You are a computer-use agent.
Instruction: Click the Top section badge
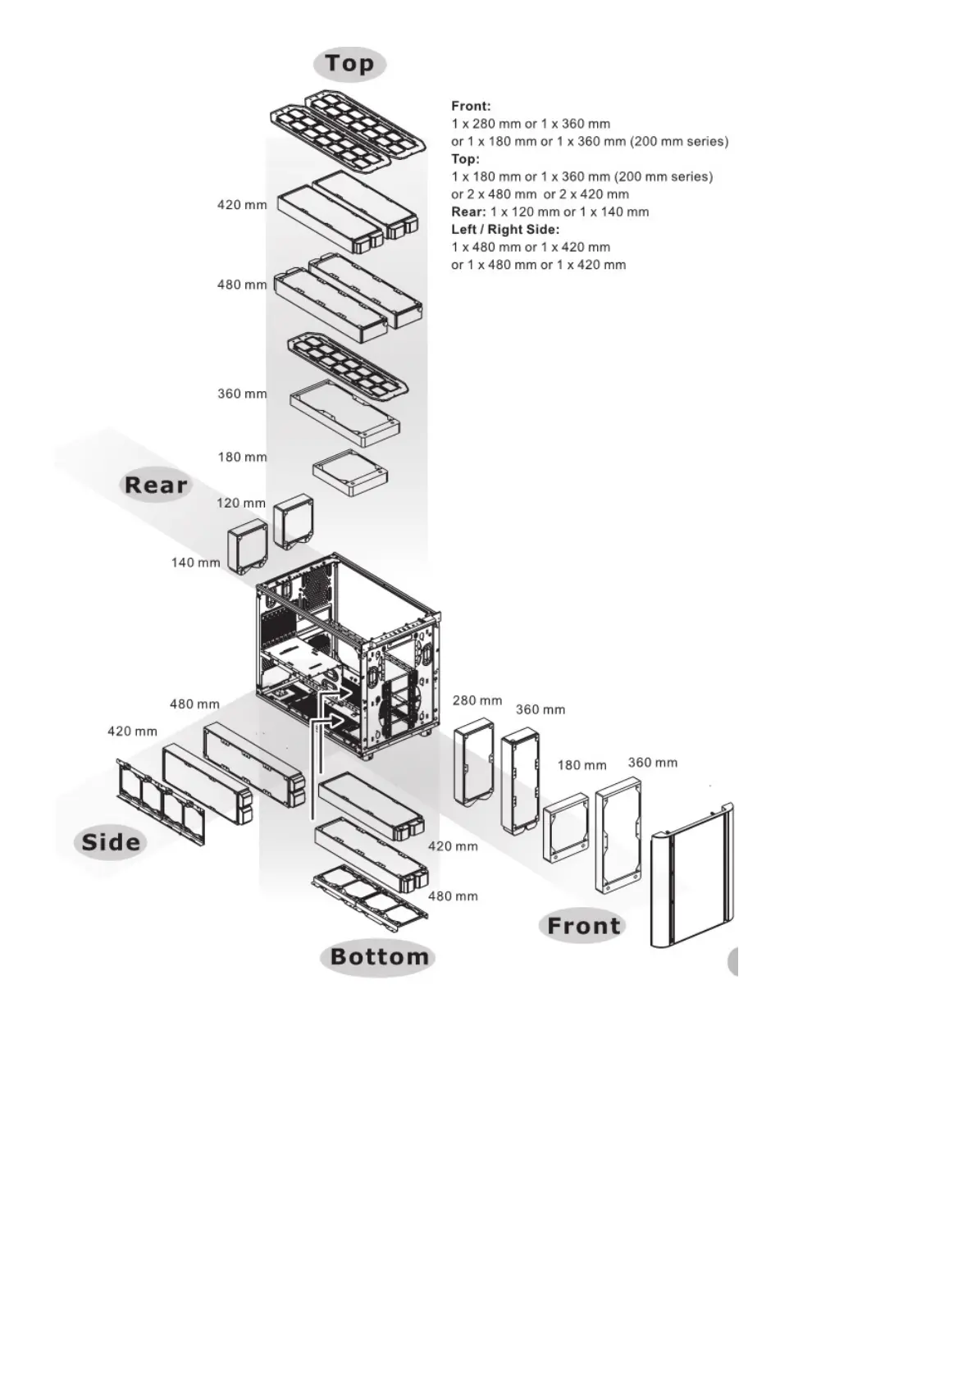(349, 64)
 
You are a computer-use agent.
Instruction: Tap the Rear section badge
(156, 485)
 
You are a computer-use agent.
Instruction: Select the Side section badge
(111, 842)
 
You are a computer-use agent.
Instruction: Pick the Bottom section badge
(379, 957)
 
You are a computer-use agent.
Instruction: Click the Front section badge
(583, 926)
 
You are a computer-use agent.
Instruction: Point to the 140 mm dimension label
(195, 563)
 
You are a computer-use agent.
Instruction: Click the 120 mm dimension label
(241, 503)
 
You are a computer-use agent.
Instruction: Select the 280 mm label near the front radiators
(477, 700)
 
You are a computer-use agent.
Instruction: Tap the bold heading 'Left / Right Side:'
(505, 230)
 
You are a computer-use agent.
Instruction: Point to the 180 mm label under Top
(242, 457)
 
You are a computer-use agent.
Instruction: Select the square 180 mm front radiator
(566, 828)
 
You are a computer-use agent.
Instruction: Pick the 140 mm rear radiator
(248, 547)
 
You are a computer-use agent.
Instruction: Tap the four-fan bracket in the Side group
(161, 800)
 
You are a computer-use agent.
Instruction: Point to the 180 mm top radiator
(351, 473)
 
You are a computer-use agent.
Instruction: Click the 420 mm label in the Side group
(132, 732)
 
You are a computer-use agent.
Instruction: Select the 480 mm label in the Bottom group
(453, 896)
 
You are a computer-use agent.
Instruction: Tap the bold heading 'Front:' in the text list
(471, 106)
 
